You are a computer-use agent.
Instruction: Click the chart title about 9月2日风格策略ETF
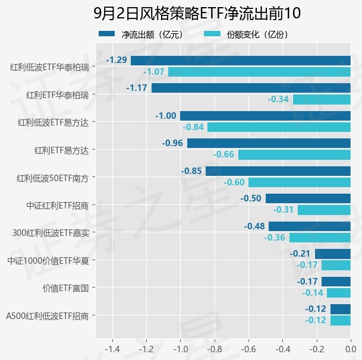[x=197, y=13]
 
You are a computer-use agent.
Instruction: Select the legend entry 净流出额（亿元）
[x=141, y=34]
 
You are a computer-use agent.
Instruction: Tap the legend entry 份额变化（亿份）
[x=247, y=34]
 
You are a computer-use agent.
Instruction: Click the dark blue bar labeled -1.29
[x=241, y=61]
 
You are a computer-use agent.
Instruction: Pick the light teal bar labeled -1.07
[x=259, y=72]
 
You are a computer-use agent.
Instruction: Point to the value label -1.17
[x=137, y=88]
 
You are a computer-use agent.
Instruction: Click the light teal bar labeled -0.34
[x=322, y=99]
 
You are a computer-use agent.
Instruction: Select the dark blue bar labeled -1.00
[x=265, y=116]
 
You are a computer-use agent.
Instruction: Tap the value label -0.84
[x=193, y=127]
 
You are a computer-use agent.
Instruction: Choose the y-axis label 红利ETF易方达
[x=61, y=150]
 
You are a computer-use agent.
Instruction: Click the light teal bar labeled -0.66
[x=294, y=154]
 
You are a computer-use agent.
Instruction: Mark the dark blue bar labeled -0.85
[x=278, y=171]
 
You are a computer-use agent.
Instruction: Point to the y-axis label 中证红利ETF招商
[x=58, y=206]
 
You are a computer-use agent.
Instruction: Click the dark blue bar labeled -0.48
[x=310, y=226]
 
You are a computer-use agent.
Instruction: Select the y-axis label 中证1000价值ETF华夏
[x=48, y=261]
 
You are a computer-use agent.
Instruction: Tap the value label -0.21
[x=300, y=254]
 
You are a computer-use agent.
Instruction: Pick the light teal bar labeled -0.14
[x=339, y=293]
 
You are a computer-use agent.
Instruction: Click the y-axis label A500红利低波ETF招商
[x=48, y=315]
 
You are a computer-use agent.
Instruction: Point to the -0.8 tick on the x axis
[x=215, y=349]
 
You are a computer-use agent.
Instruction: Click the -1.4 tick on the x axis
[x=112, y=349]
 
